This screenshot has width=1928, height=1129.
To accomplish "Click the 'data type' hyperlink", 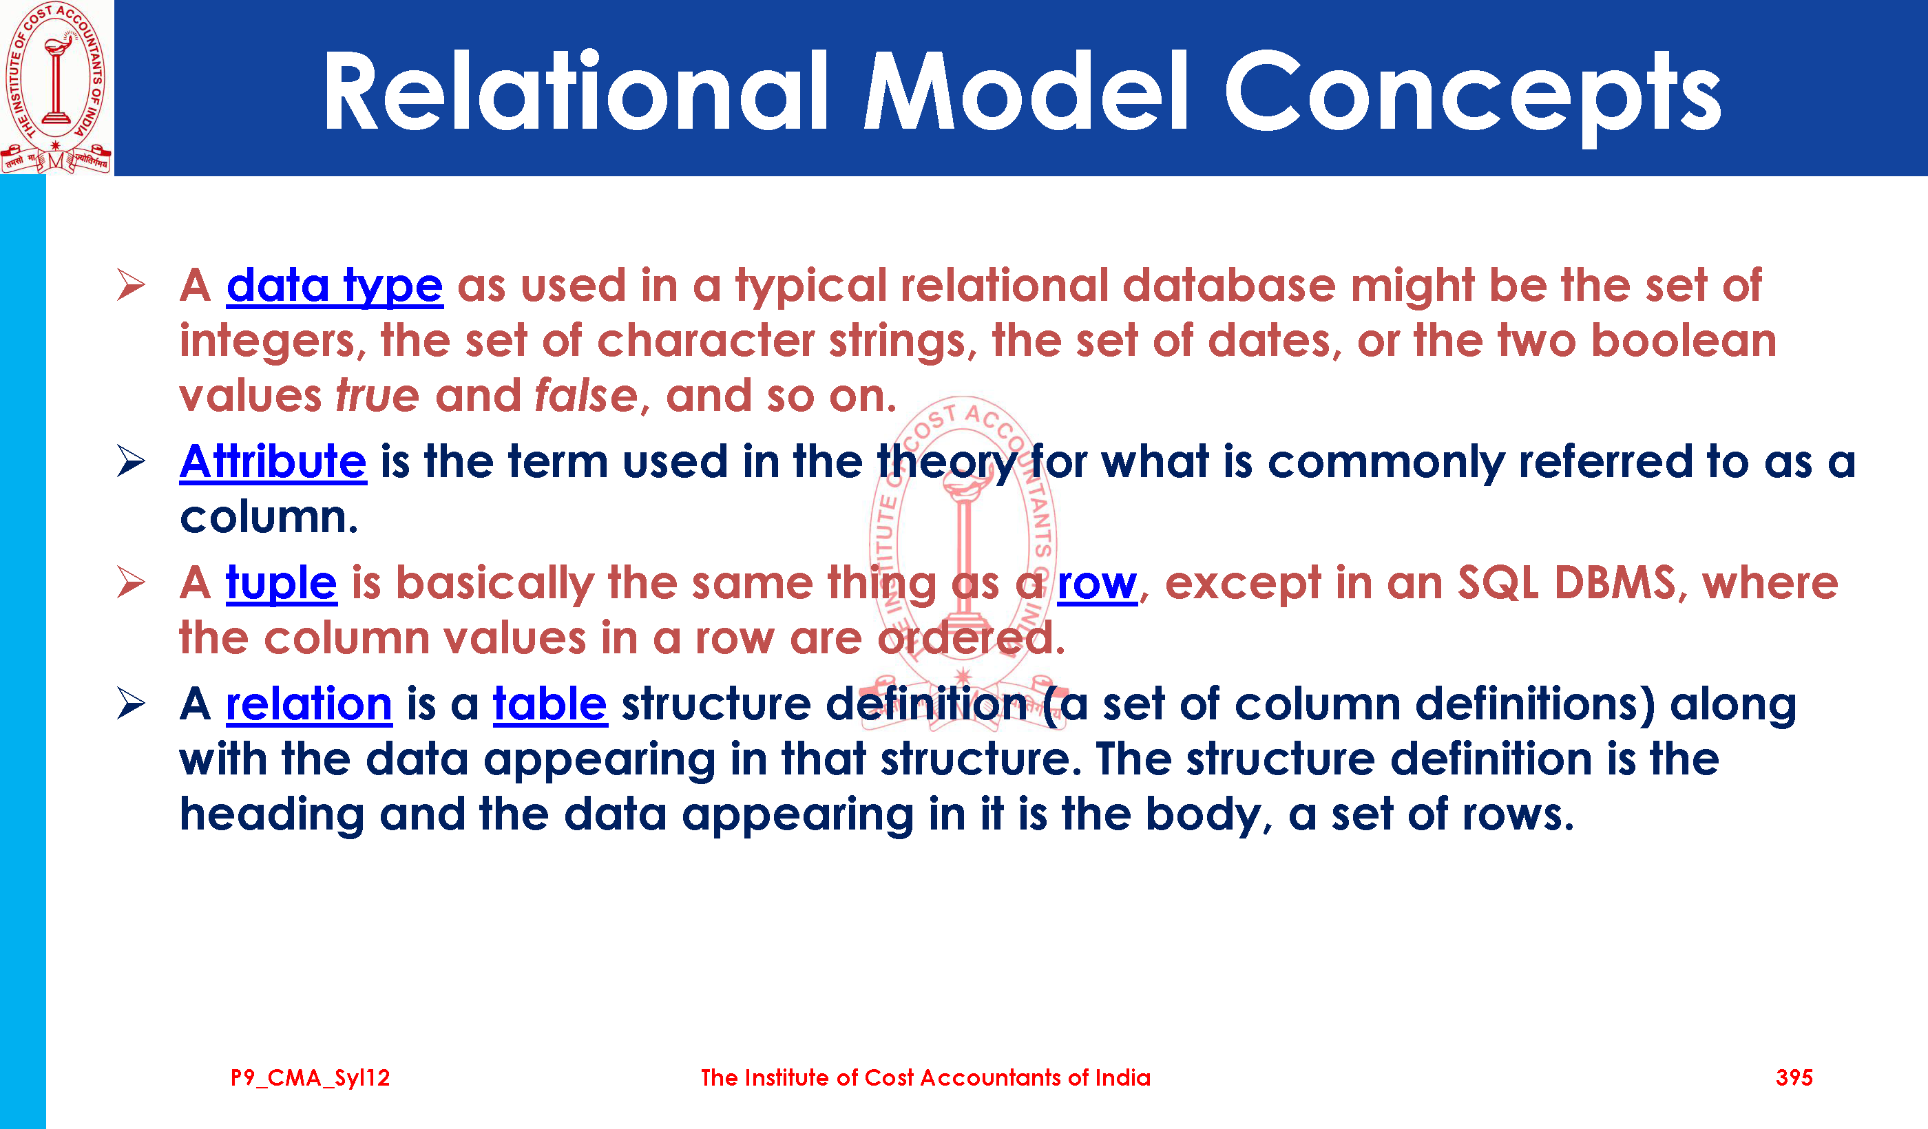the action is (x=335, y=287).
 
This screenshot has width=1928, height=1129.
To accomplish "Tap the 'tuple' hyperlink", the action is (x=281, y=584).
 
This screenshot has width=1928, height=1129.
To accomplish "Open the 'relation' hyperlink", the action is (x=309, y=704).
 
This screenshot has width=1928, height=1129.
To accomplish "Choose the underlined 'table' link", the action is (x=550, y=704).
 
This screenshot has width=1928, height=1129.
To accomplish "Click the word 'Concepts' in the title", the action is (x=1473, y=94).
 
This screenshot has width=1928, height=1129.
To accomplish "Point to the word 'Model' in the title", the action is (x=1026, y=90).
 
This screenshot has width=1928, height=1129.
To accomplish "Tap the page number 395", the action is (x=1794, y=1078).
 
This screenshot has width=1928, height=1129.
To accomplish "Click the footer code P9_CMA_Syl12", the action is (x=310, y=1079).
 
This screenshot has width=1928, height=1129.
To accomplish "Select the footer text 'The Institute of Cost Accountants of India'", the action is (x=925, y=1078).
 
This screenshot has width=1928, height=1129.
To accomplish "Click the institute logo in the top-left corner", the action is (x=56, y=87).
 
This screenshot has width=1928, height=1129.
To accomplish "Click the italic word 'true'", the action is (x=378, y=397).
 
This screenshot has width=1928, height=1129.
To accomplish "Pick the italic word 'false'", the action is (x=586, y=397).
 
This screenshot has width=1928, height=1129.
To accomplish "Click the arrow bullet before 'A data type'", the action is (x=132, y=284).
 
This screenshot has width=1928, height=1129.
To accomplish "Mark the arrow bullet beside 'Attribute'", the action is (x=132, y=461).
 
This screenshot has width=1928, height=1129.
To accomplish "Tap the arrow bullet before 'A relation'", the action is (x=132, y=703).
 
